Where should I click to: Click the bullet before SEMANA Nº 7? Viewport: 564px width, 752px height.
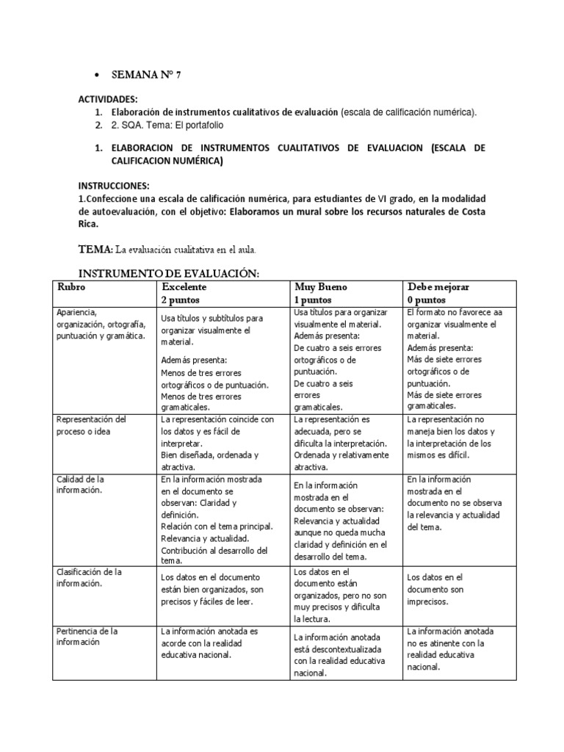point(97,76)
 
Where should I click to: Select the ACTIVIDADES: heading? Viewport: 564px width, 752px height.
point(108,98)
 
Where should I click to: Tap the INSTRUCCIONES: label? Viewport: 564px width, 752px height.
point(114,187)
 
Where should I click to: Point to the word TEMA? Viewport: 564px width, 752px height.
point(95,249)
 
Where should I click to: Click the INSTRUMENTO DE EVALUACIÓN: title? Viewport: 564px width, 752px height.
point(169,273)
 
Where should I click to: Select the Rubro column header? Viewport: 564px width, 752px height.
point(72,287)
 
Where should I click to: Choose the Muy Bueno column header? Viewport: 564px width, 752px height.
point(320,287)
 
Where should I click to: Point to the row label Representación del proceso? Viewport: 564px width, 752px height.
point(91,425)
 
